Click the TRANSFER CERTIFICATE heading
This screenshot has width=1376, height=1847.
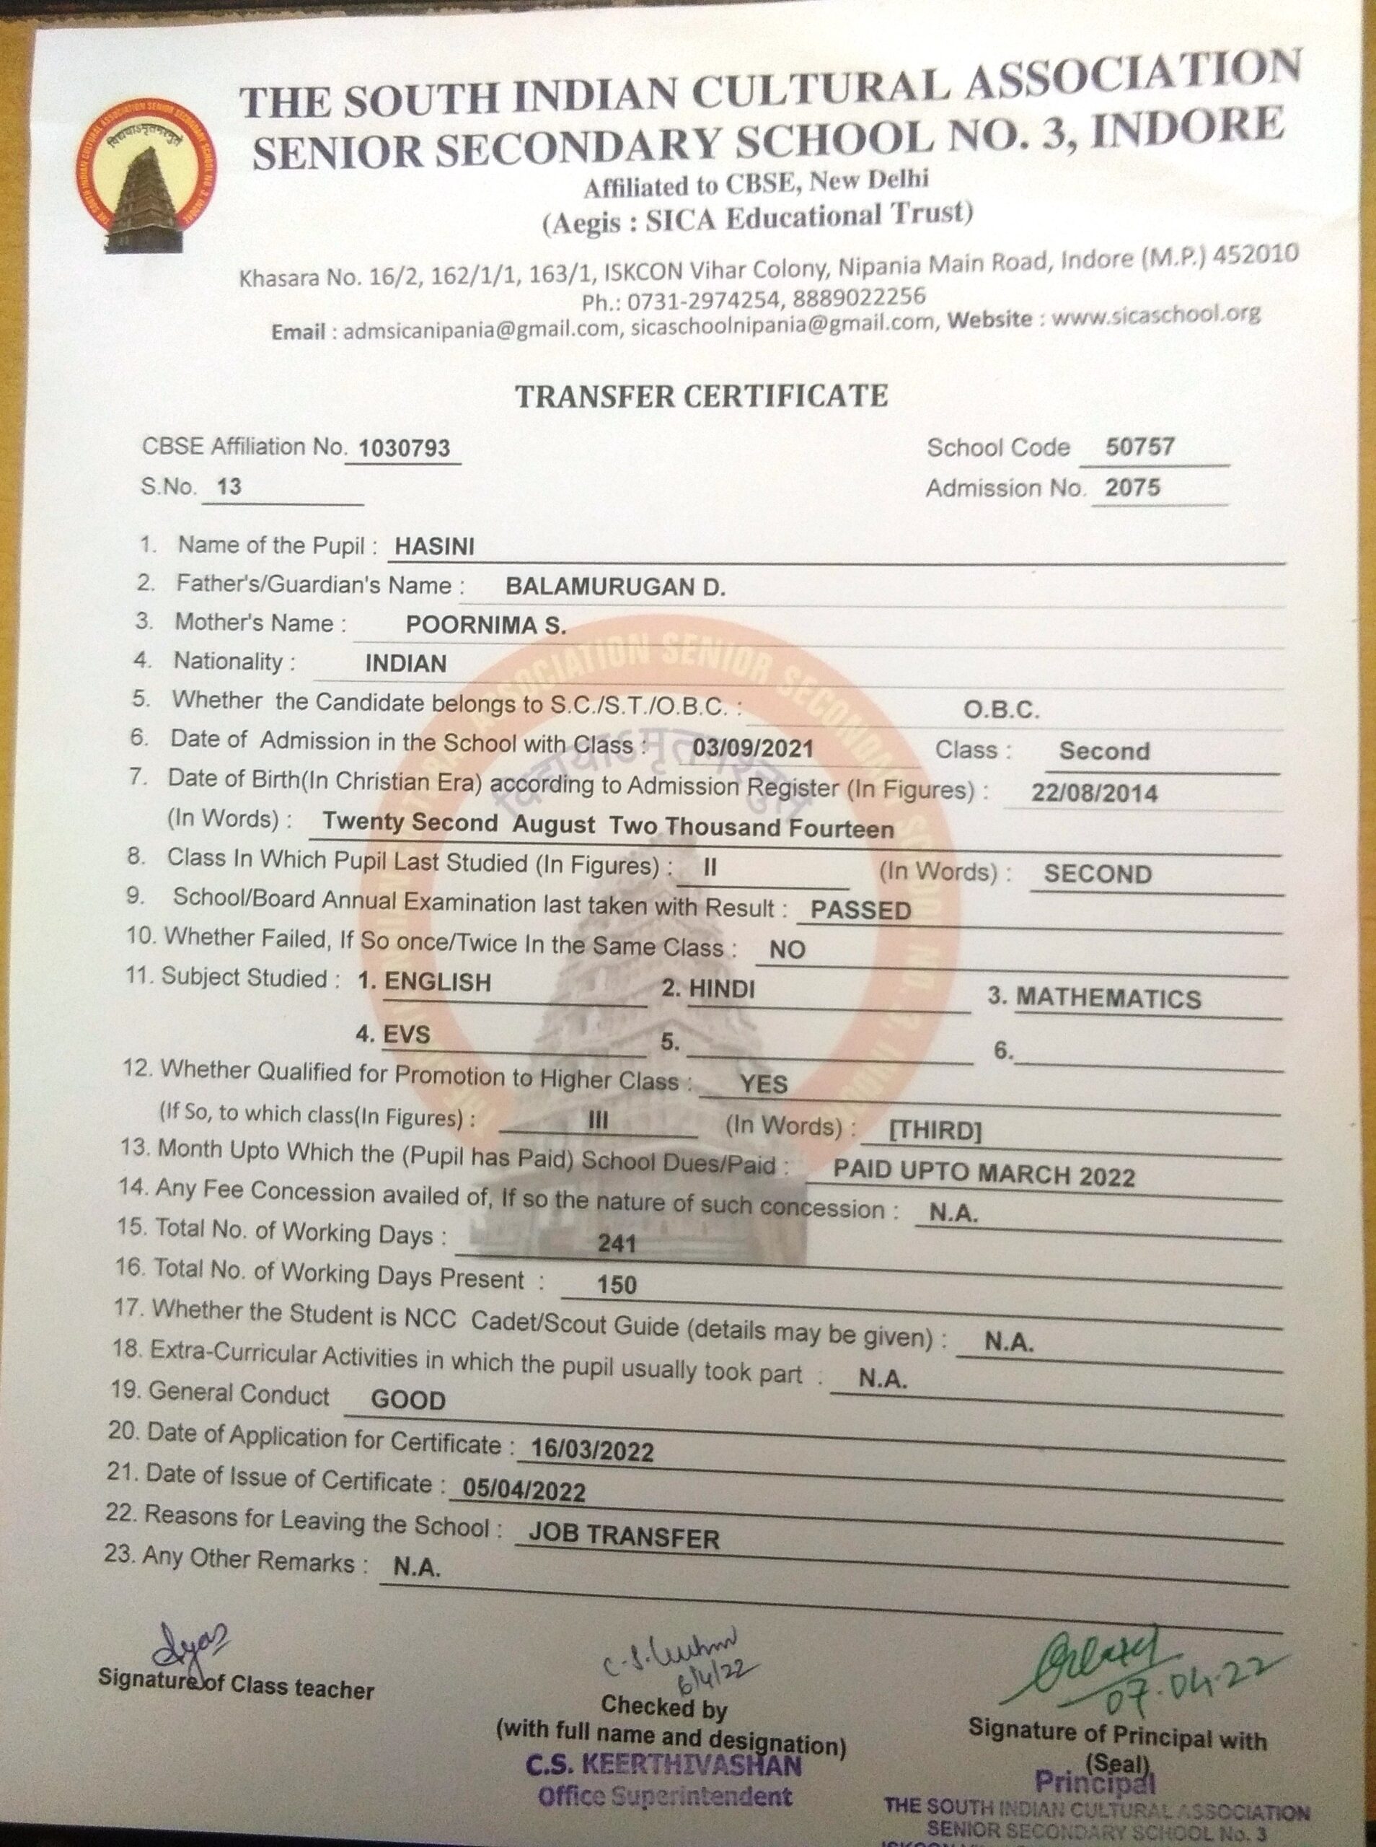tap(701, 395)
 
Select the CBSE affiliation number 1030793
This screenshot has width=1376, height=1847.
tap(404, 449)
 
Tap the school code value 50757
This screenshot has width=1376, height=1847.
tap(1139, 447)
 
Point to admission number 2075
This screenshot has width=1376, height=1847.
tap(1132, 488)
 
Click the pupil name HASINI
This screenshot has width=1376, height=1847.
tap(434, 546)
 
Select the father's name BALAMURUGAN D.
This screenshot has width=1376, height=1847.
tap(616, 587)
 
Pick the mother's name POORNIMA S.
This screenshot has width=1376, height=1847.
tap(485, 626)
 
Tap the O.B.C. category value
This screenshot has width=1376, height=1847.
tap(1001, 710)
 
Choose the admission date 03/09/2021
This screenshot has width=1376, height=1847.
tap(752, 748)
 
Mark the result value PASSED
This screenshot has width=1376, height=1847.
tap(860, 910)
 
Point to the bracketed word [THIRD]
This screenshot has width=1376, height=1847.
tap(935, 1131)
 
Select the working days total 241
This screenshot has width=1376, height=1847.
tap(617, 1244)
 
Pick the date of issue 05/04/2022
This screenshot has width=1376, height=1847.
tap(524, 1491)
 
